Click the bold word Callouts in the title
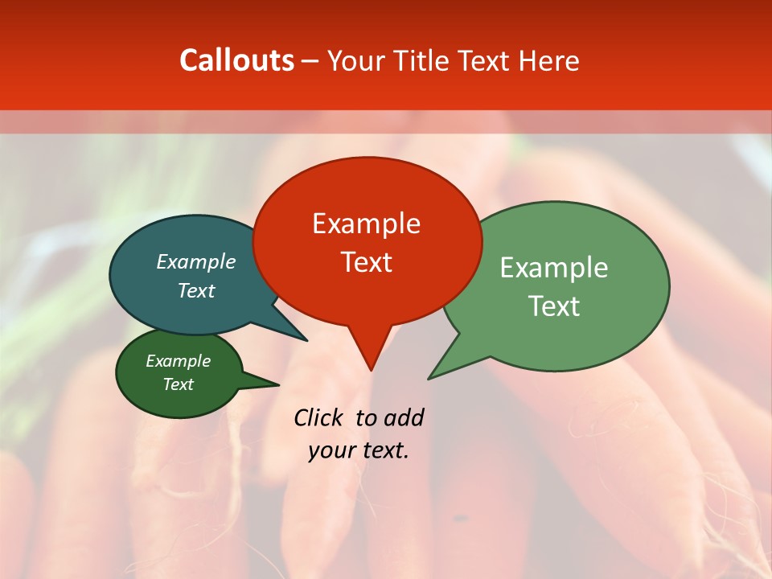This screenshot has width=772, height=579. coord(236,60)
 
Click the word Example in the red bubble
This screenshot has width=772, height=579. coord(366,224)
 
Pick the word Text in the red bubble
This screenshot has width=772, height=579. coord(366,262)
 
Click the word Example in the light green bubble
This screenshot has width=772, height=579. coord(553,268)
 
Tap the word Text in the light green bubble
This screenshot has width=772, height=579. coord(553,306)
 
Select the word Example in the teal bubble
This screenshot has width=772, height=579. coord(195,262)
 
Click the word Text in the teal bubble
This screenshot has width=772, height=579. coord(195,291)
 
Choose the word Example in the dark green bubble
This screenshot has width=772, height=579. coord(178,362)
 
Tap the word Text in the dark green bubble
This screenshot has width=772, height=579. coord(178,384)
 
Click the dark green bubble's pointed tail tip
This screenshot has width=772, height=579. coord(278,384)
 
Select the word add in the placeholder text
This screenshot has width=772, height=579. coord(403,417)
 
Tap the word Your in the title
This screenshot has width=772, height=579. coord(357,60)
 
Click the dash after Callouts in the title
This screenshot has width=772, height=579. coord(310,60)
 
